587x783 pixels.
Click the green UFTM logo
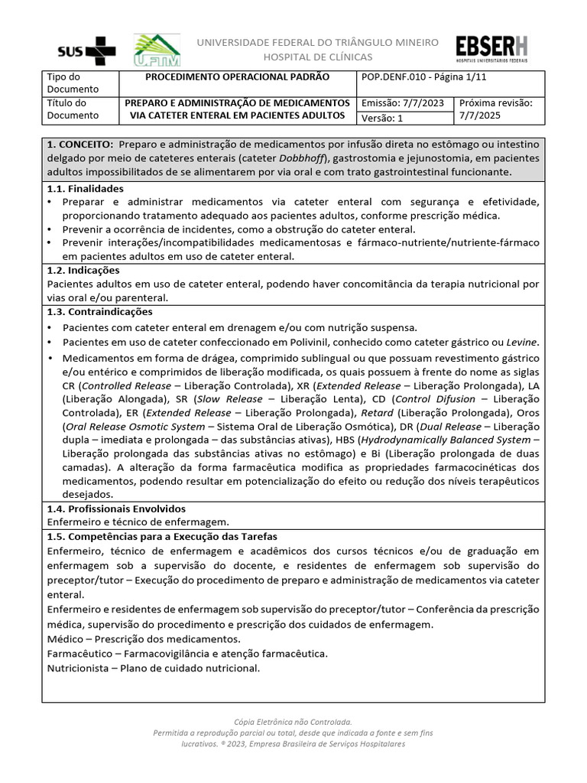[157, 50]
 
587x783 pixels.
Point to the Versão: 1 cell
[381, 118]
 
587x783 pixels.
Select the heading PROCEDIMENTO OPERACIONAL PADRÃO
[237, 77]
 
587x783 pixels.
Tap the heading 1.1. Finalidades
[85, 188]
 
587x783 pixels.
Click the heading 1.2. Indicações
[83, 270]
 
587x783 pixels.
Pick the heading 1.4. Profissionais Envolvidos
[116, 508]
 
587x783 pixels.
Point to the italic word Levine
[523, 342]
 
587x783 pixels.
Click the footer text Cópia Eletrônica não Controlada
[293, 722]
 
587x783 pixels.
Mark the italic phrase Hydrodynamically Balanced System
[446, 440]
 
